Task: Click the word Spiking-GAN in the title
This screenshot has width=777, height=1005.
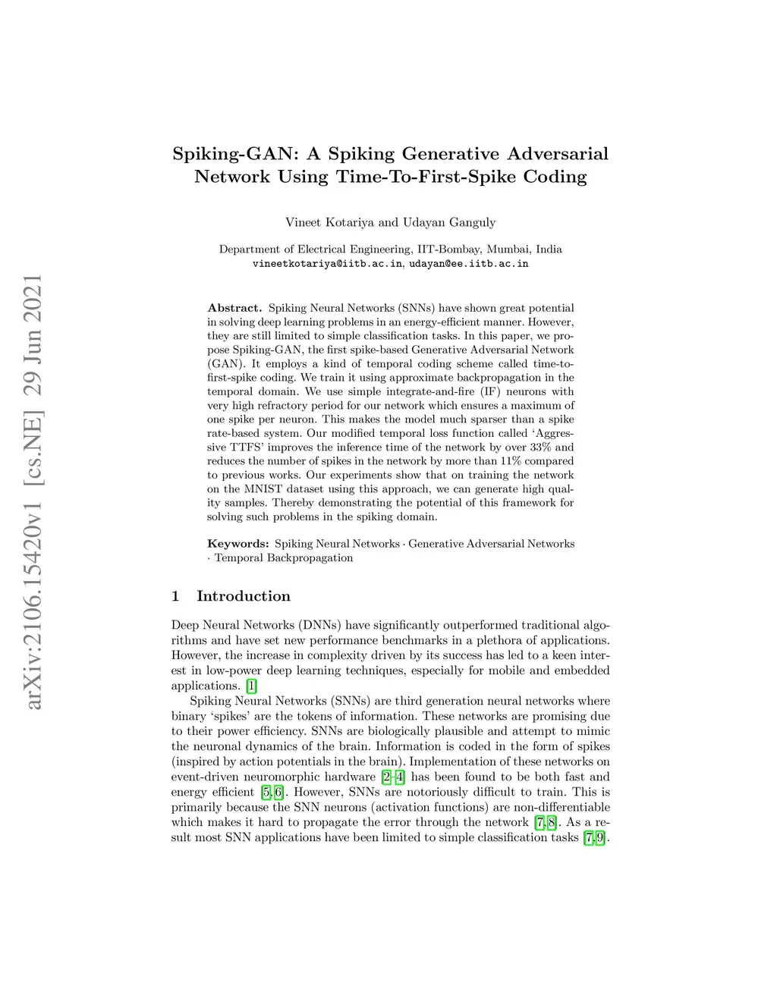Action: (235, 154)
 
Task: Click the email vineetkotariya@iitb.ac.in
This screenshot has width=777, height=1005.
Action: (327, 264)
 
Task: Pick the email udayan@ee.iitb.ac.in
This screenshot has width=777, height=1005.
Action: (468, 264)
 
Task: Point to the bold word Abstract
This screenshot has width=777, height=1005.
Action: (234, 308)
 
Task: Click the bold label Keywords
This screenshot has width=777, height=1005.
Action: (238, 544)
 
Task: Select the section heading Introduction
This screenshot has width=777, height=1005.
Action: (243, 596)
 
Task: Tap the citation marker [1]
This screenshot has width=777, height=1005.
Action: (251, 686)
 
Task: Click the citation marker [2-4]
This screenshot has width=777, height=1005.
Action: (393, 777)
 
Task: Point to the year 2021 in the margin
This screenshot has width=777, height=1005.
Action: (33, 301)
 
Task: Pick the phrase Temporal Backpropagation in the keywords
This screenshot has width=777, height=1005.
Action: (284, 558)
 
